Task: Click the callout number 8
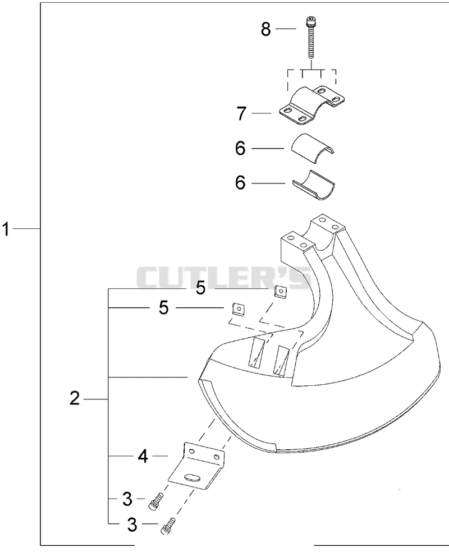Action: click(x=266, y=29)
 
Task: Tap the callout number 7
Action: click(x=242, y=113)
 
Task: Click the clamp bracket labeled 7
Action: click(x=312, y=105)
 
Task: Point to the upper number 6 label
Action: click(x=240, y=148)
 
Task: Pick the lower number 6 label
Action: click(x=240, y=183)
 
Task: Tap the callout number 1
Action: click(x=6, y=229)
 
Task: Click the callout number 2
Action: click(x=75, y=399)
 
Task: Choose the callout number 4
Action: click(x=143, y=456)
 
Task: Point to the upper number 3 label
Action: click(x=127, y=499)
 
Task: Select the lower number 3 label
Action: click(x=132, y=524)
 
